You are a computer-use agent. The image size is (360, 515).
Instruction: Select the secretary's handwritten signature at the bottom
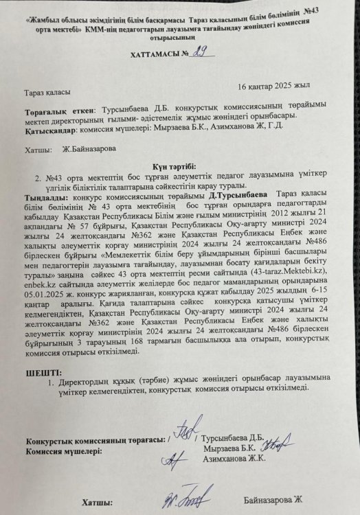181,498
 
